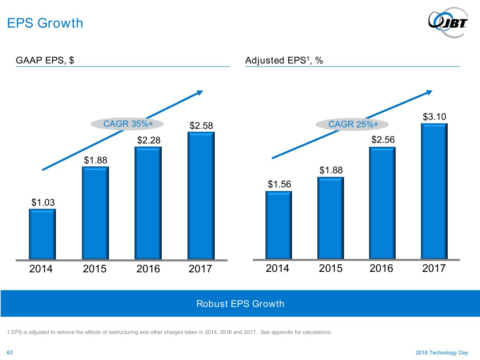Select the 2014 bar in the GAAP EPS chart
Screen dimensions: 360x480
(42, 234)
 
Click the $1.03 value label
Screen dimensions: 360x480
(43, 202)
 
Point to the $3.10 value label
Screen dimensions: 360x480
(434, 117)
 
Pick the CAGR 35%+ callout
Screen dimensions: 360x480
(127, 124)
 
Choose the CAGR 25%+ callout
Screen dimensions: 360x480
(353, 124)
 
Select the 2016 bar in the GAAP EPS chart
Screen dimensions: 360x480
(148, 203)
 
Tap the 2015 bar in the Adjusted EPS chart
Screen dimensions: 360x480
(330, 218)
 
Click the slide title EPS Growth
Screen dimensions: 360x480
(45, 22)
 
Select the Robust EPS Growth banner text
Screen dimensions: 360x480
(240, 304)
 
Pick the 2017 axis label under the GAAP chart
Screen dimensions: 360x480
(200, 270)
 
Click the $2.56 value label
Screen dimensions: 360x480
(383, 140)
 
